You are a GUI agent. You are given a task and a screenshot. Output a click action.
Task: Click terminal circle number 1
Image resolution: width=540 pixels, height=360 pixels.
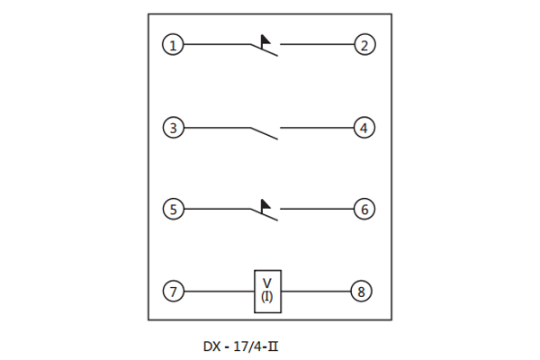point(173,44)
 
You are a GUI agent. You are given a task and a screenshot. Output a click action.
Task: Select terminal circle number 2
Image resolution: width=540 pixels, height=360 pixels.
point(364,44)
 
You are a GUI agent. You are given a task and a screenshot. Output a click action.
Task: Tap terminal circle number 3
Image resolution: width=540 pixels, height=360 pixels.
point(173,128)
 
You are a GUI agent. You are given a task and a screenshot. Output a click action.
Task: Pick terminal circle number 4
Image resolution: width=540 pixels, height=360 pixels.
point(364,128)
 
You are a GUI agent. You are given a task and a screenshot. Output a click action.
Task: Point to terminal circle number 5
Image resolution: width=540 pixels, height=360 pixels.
point(173,209)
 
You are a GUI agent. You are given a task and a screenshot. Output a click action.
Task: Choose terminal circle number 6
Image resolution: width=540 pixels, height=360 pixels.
point(364,209)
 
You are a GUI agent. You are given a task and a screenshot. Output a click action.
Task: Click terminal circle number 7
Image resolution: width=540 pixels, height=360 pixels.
point(173,292)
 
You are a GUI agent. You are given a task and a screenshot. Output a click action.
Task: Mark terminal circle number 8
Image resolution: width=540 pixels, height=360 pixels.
point(361,292)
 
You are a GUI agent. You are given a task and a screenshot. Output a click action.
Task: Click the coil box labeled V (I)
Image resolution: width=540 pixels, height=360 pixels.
point(267,292)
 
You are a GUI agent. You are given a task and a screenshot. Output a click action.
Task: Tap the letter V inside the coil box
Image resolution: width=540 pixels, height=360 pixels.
point(267,283)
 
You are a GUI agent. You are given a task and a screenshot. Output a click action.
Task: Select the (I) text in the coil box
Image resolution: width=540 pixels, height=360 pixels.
point(267,297)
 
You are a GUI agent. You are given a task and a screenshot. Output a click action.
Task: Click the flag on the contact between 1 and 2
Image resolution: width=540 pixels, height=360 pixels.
point(265,40)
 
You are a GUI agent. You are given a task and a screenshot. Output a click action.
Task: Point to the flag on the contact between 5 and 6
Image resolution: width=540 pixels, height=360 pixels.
point(265,205)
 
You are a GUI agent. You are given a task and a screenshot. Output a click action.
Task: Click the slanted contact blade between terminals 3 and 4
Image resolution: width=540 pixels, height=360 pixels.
point(264,134)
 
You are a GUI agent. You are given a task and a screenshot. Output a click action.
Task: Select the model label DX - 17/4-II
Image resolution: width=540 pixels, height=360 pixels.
point(240,346)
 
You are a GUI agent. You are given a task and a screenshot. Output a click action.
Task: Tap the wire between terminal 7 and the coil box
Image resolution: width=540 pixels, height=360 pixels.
point(219,292)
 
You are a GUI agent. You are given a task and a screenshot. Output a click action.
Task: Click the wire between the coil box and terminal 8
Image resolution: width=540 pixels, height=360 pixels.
point(316,292)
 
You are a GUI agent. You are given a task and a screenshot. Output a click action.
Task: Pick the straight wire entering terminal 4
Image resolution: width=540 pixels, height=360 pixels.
point(317,128)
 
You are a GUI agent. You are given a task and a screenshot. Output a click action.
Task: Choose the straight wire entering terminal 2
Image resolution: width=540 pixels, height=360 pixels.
point(317,44)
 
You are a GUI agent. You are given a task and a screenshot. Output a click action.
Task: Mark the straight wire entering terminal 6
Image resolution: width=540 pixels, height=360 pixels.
point(317,209)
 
